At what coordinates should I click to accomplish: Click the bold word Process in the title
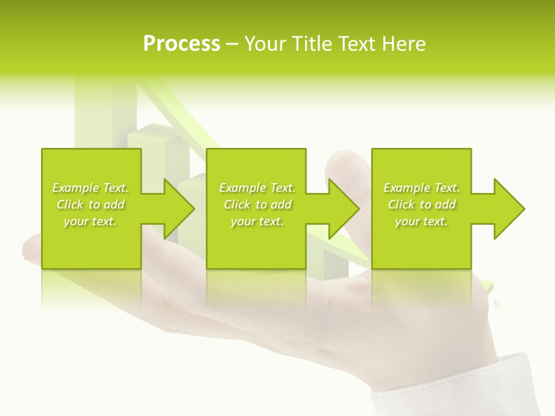[x=182, y=44]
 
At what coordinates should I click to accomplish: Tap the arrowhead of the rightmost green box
[x=509, y=209]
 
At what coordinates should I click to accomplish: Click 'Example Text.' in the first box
[x=91, y=188]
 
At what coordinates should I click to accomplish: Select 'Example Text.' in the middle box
[x=257, y=188]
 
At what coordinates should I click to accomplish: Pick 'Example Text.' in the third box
[x=421, y=188]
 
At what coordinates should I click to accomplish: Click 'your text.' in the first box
[x=91, y=221]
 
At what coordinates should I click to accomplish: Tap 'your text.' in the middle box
[x=257, y=221]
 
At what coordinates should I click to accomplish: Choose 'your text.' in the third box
[x=421, y=221]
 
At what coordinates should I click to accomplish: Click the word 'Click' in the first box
[x=70, y=205]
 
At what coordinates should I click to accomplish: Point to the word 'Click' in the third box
[x=401, y=205]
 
